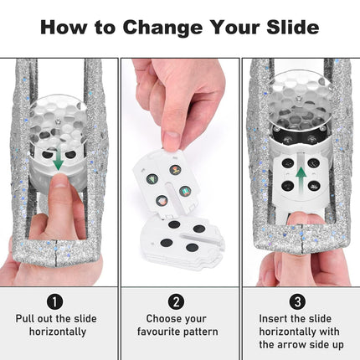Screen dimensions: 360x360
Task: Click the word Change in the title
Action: (162, 28)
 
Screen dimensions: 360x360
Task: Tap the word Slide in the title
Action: (292, 27)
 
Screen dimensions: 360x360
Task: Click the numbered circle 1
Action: (55, 301)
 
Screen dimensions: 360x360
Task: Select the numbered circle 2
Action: (176, 301)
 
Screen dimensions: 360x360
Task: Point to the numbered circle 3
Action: (298, 301)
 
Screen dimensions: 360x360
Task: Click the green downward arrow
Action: (58, 161)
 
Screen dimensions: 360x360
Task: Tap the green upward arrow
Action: (301, 178)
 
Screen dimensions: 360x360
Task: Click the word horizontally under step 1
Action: (58, 332)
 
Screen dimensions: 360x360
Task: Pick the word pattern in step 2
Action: (201, 332)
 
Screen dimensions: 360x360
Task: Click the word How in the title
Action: (64, 28)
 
